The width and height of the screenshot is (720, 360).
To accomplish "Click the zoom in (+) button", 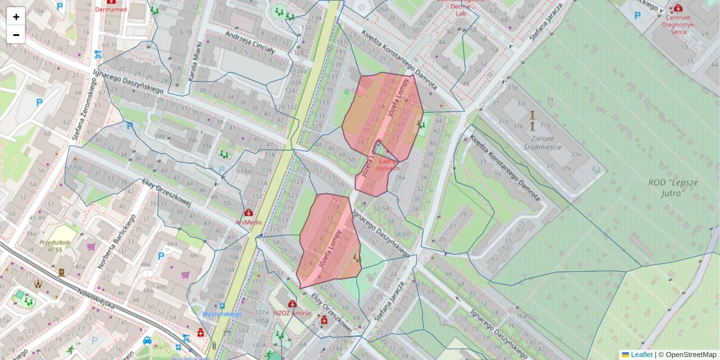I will point(16,17).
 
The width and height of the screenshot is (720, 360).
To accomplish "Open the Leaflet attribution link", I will point(641,355).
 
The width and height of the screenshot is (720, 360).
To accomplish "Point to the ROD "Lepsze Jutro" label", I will point(667,187).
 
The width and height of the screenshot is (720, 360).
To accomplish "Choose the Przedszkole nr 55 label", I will point(56,246).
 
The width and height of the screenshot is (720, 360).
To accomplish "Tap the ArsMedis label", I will point(248,221).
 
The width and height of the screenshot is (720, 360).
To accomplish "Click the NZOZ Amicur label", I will point(292,313).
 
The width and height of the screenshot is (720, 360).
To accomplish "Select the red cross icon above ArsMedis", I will point(248,212).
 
